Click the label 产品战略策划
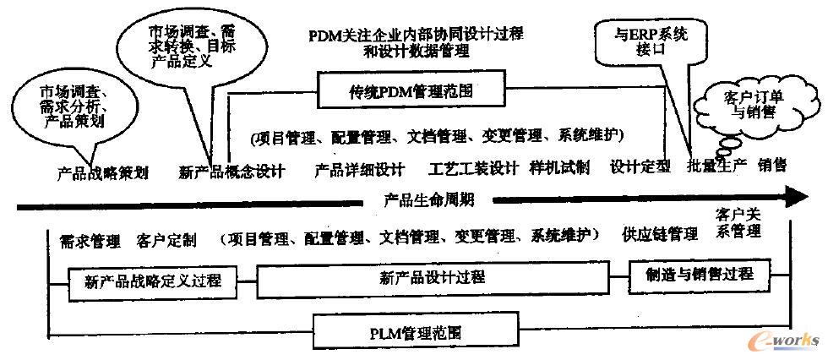click(102, 172)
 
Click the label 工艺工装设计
click(473, 168)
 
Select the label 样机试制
click(559, 166)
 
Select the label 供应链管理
click(659, 234)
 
